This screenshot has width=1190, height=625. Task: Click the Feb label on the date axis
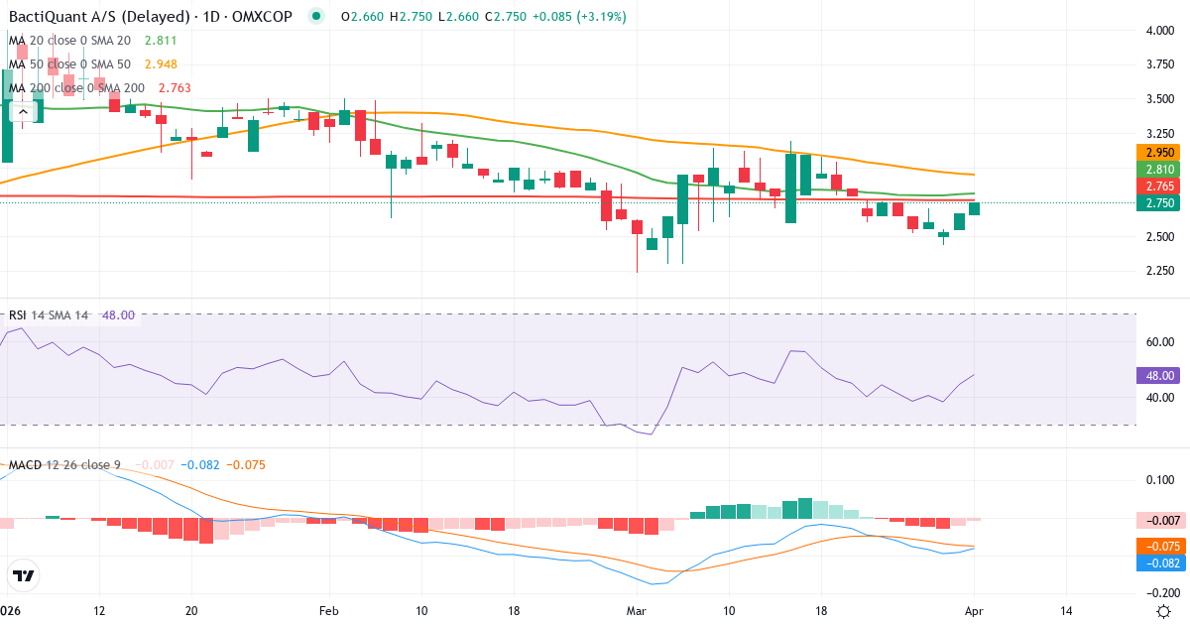pyautogui.click(x=328, y=610)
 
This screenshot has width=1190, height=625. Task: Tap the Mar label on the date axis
pyautogui.click(x=635, y=610)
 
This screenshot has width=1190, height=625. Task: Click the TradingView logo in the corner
pyautogui.click(x=24, y=575)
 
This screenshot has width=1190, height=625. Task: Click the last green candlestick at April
pyautogui.click(x=975, y=208)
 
